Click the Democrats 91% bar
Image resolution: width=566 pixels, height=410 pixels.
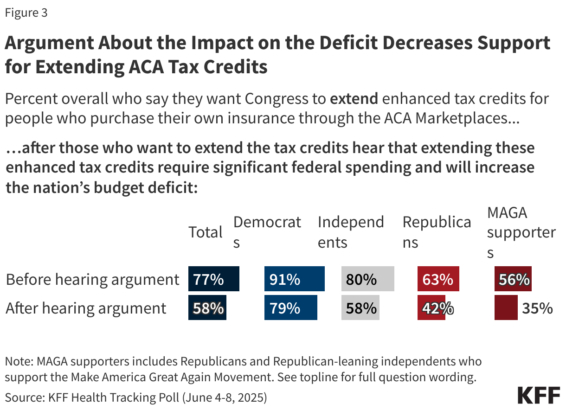294,279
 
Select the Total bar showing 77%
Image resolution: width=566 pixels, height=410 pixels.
213,279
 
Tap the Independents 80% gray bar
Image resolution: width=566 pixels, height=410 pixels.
367,279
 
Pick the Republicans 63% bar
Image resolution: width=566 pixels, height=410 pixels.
438,279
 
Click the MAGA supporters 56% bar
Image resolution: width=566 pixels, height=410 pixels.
513,279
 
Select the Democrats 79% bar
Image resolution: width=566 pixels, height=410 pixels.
290,308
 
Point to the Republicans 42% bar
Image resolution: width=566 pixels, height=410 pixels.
431,308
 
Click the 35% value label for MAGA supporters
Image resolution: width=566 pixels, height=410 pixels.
538,308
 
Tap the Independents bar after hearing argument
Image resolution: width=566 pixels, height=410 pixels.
360,308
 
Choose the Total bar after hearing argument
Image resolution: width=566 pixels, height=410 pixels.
207,308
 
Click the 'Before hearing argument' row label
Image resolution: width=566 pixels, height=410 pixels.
92,280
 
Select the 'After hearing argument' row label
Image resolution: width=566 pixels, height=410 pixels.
86,308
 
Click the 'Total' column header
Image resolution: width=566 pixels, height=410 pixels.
206,232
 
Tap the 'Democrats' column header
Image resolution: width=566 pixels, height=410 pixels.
267,232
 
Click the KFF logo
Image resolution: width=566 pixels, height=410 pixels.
539,395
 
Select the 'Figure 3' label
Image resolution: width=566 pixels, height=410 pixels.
26,13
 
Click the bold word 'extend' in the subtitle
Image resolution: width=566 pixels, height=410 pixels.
354,99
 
